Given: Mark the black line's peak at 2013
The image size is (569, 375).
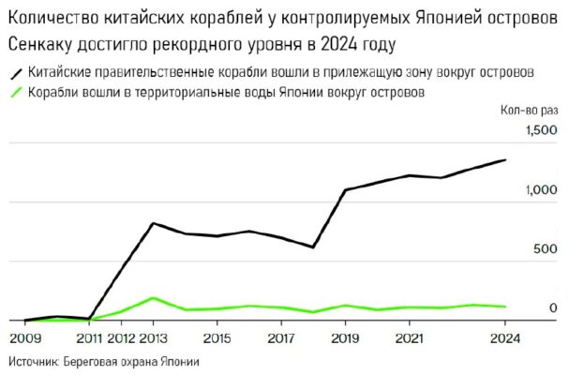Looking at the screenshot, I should (x=153, y=223).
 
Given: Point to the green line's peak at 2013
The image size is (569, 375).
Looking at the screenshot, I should (x=153, y=298).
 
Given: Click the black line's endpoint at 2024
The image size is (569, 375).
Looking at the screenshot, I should (x=506, y=160).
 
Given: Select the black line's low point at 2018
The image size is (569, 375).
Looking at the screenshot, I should (x=313, y=247).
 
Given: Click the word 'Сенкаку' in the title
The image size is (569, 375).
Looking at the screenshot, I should (x=42, y=44).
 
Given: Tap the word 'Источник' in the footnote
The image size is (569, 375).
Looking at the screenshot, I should (x=33, y=361).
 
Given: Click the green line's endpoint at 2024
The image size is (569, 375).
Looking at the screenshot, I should (x=506, y=307).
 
